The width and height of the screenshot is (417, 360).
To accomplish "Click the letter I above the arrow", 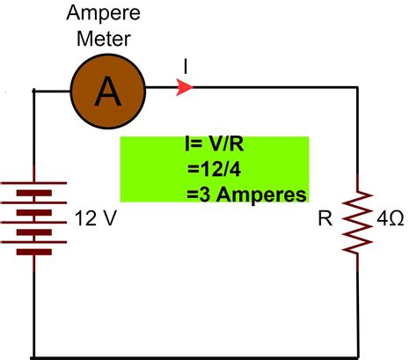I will [x=186, y=66].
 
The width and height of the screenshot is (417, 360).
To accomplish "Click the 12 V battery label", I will [x=94, y=217].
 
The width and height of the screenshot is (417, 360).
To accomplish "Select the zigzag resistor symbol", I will [x=358, y=220].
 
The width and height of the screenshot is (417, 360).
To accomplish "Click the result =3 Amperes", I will [x=245, y=193].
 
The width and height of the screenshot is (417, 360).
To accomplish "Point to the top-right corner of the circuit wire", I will [x=358, y=87].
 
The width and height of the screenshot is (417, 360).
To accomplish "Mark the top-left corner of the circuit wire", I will [x=33, y=88].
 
